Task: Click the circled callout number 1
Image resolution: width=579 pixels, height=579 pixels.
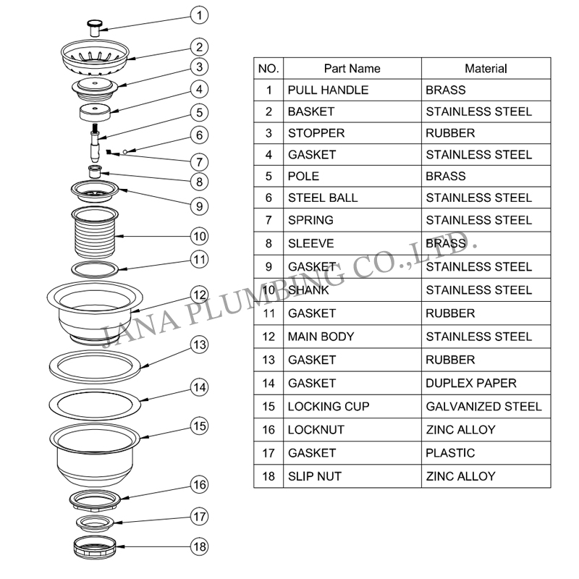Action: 200,15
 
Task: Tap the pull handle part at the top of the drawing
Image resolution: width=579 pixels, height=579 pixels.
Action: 95,28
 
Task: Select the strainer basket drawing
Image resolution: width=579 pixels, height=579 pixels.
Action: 95,56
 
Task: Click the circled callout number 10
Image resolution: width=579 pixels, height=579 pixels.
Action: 200,237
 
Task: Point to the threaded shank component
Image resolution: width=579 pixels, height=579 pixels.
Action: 95,232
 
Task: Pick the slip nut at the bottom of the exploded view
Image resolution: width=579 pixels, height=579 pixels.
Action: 95,547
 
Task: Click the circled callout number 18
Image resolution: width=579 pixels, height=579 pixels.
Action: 200,546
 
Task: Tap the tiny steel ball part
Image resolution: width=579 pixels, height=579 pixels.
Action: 125,151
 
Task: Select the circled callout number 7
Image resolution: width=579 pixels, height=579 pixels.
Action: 200,162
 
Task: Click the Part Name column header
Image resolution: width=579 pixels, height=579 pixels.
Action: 352,69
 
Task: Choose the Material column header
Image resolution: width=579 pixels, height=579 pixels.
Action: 486,69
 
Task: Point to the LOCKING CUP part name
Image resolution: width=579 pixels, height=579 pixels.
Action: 329,407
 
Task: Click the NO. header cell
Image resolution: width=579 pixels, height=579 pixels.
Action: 269,69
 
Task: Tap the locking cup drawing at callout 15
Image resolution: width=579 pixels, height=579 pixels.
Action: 95,455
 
